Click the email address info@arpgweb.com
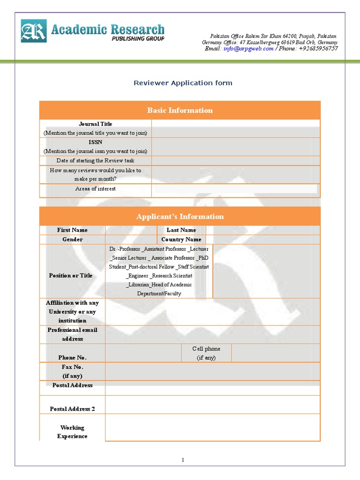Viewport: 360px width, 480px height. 248,49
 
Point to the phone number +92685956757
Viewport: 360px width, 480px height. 317,49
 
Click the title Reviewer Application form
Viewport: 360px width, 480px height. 183,83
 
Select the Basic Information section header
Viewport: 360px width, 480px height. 180,110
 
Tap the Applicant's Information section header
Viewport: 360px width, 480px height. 180,217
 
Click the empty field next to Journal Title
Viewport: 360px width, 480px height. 236,128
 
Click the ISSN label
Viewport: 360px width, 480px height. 95,142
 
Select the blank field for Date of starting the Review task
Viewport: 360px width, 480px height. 236,160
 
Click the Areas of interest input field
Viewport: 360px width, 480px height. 234,189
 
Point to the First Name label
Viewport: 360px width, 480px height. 72,230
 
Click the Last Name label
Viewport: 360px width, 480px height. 181,230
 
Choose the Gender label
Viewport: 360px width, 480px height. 72,240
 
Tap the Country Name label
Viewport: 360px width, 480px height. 181,240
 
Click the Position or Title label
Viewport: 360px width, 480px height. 71,276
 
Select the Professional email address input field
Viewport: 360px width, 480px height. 213,334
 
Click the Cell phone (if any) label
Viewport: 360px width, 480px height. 206,353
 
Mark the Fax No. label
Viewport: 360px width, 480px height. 72,367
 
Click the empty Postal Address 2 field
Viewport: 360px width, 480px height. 213,405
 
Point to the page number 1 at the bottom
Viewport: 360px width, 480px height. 184,460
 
